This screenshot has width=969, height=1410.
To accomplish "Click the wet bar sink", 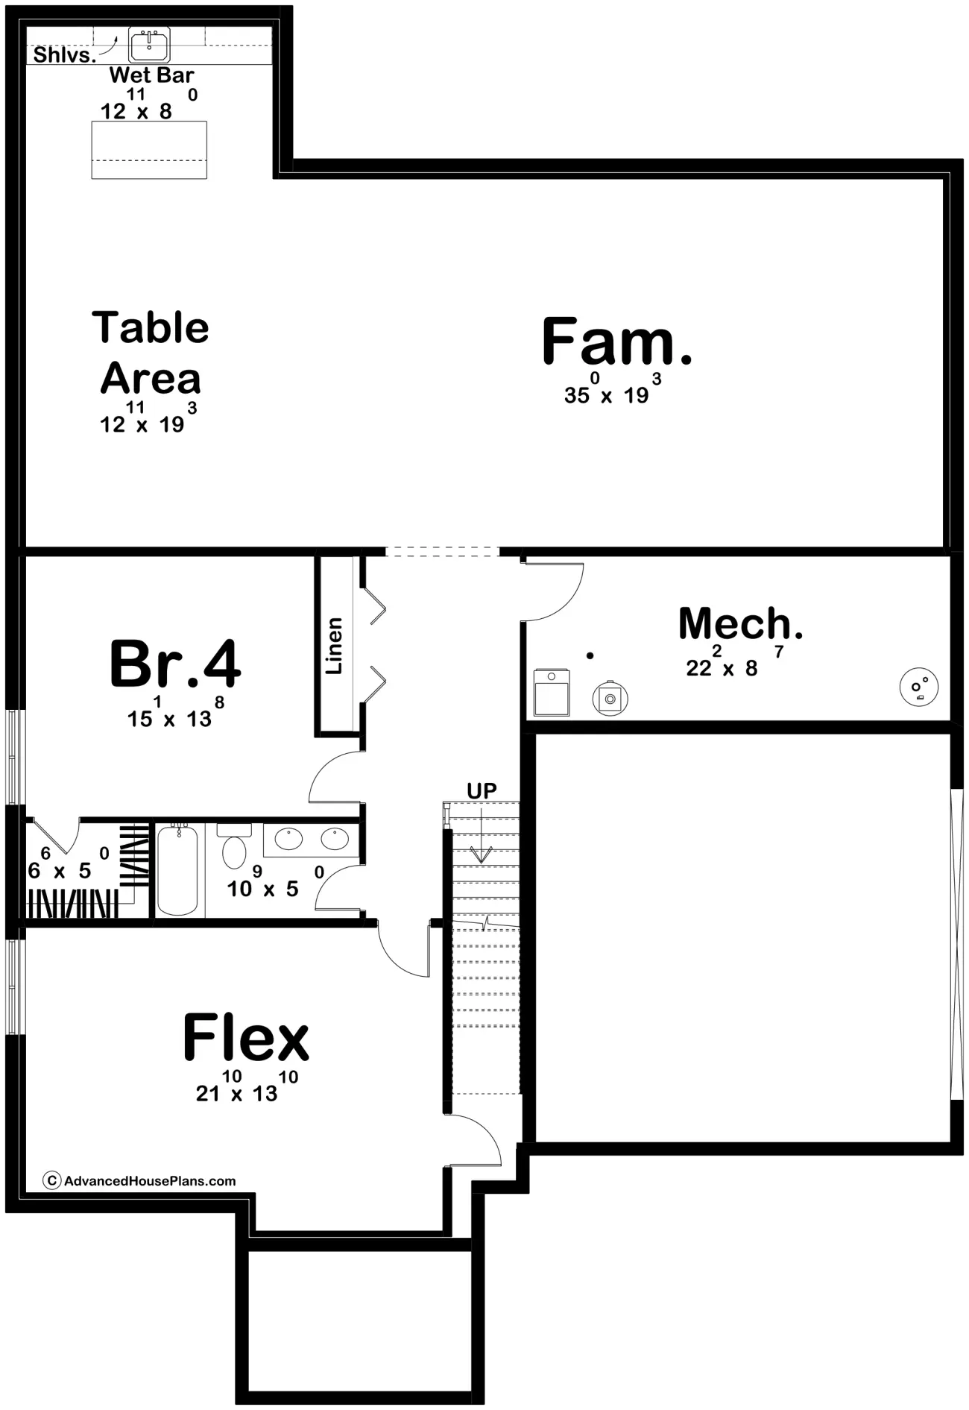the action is coord(149,45).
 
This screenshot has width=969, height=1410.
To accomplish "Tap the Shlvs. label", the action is coord(65,54).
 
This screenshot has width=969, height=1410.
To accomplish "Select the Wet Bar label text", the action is coord(151,75).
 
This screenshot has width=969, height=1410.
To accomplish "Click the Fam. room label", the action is coord(617,342).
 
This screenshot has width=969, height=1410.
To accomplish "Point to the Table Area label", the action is coord(151,353).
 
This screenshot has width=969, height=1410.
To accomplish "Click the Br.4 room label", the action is coord(175,664).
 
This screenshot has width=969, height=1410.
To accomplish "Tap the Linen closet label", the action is coord(334,646).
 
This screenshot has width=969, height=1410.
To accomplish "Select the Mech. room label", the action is coord(741,623).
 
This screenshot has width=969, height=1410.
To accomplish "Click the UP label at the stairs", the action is coord(482,790).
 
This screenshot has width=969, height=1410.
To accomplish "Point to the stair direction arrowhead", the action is coord(482,855).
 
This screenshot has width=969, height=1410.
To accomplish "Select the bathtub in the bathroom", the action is coord(177,869).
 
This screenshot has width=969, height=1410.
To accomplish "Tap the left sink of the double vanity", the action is coord(288,839).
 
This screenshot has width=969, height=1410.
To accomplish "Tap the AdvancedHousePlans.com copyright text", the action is coord(140,1181).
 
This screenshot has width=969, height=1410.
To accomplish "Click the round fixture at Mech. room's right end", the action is coord(919,687).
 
